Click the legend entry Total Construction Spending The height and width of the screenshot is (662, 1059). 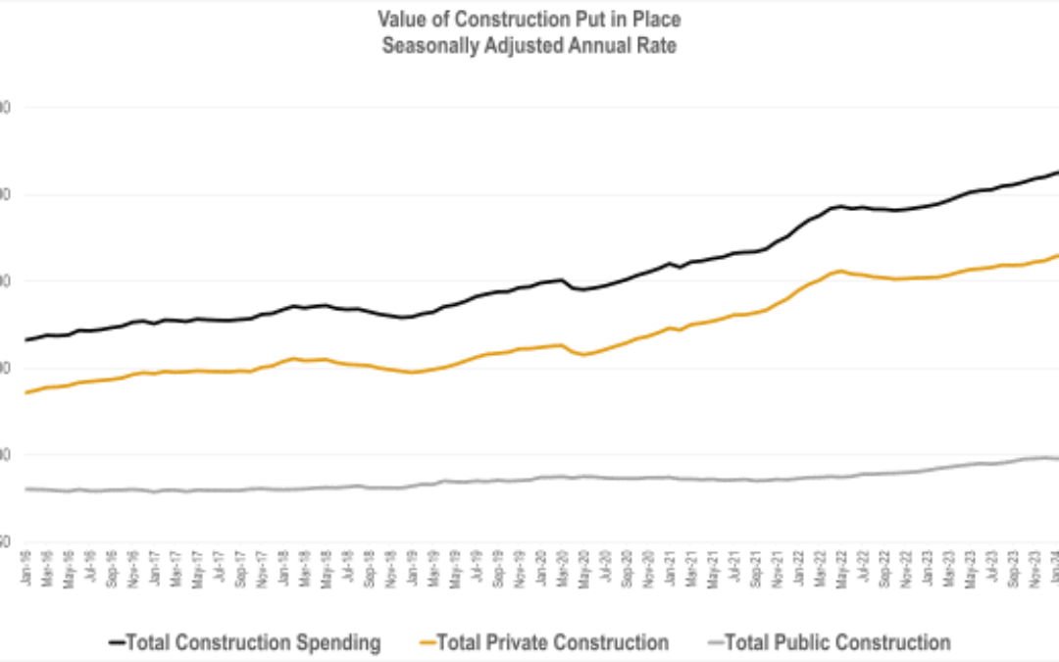254,643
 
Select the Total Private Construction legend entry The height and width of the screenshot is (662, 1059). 552,643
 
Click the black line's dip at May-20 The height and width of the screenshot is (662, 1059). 583,289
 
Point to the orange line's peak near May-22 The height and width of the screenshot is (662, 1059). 840,270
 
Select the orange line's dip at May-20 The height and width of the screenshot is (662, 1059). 583,354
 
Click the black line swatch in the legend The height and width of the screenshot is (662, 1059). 116,643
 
